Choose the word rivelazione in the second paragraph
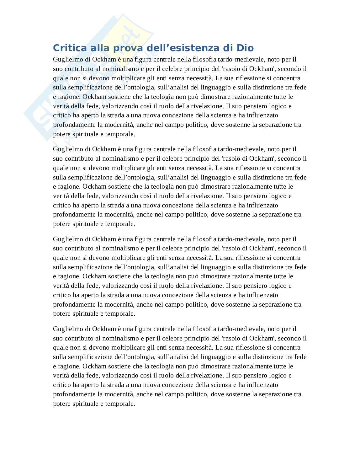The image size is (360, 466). point(207,196)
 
